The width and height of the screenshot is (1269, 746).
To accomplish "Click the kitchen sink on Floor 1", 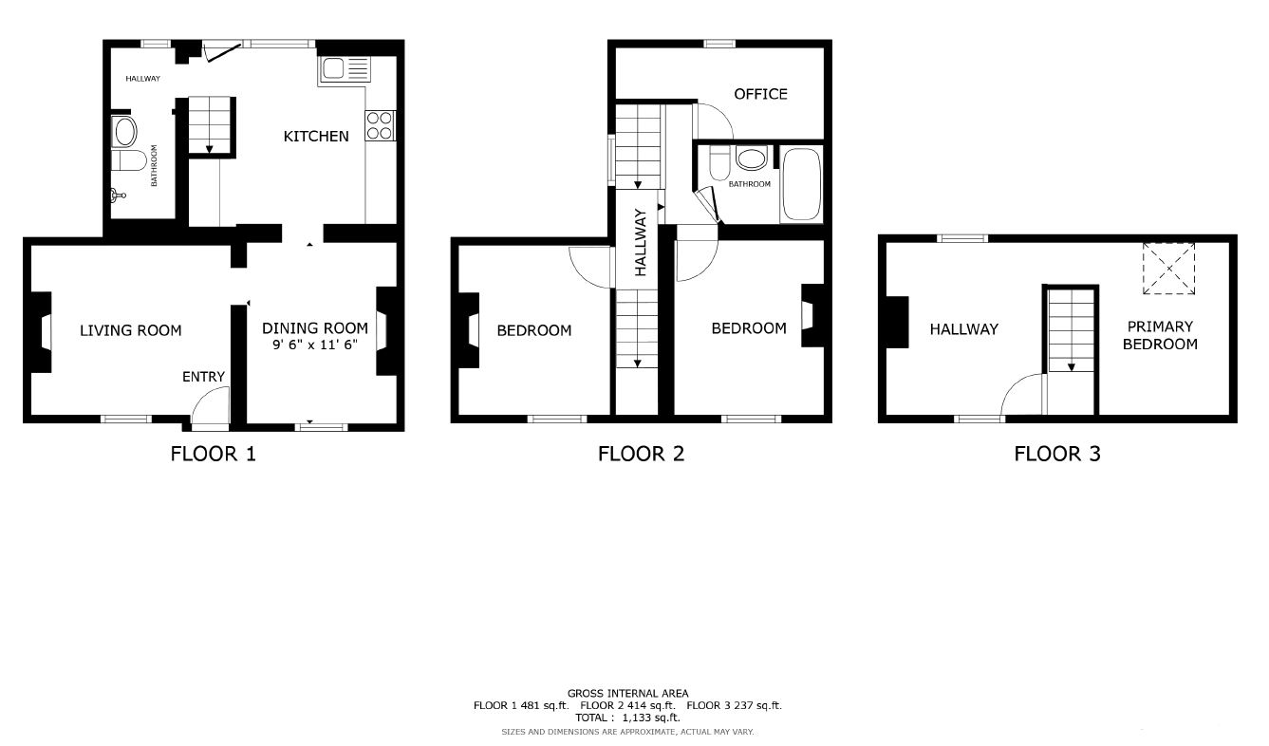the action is click(x=345, y=70).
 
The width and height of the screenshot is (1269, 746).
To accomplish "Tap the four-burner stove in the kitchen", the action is click(x=380, y=125).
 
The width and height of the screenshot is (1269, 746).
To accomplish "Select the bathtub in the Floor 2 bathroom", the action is click(x=800, y=185).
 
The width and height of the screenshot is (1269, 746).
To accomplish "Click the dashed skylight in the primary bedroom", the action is click(x=1168, y=269).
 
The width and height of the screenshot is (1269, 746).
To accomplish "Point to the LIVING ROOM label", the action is click(x=131, y=330).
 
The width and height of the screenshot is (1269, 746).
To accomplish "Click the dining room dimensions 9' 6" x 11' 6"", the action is click(x=315, y=345).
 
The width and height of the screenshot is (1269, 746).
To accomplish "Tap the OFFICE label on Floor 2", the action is click(x=760, y=94).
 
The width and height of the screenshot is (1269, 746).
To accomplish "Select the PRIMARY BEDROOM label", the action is click(x=1160, y=335).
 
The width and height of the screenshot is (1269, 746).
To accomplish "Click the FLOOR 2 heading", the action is click(x=642, y=454).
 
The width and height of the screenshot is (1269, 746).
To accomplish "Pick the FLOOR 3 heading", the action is click(x=1057, y=454).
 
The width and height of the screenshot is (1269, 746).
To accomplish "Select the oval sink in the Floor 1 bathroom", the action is click(x=124, y=133).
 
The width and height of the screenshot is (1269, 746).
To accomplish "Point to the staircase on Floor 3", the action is click(x=1071, y=330).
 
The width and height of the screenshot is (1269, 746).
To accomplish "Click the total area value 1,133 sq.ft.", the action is click(x=651, y=718).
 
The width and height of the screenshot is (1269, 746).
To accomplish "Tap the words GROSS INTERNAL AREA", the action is click(x=627, y=693).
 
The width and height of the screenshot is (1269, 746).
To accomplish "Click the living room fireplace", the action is click(x=41, y=332).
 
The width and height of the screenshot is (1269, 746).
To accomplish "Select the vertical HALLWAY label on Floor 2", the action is click(x=641, y=242).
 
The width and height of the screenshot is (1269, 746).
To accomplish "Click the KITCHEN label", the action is click(x=316, y=136).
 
